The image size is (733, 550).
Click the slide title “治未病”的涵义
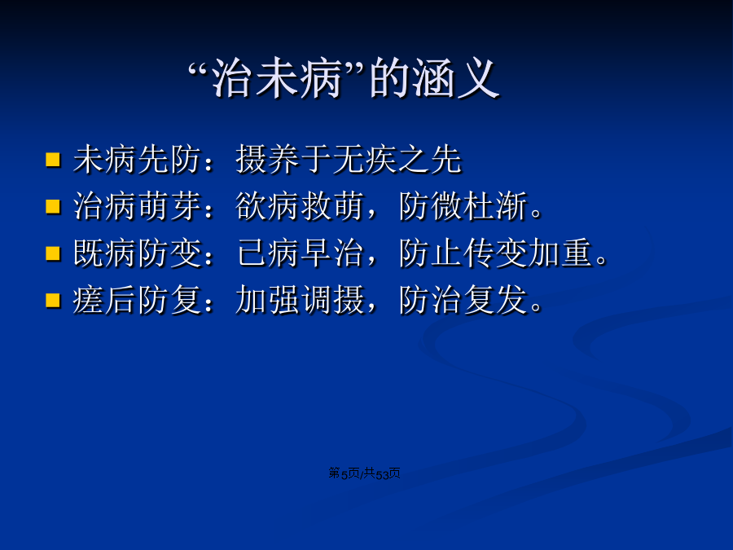click(344, 78)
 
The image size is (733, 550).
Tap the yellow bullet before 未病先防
click(53, 160)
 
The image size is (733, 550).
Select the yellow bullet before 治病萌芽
click(53, 206)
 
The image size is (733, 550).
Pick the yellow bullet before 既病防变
click(53, 253)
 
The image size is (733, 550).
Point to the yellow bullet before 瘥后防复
click(53, 300)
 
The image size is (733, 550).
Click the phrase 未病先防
click(138, 160)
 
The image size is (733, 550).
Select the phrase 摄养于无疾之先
click(349, 160)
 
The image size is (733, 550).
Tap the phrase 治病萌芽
click(138, 206)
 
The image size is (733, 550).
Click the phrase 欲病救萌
click(300, 206)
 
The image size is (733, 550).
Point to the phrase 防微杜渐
click(463, 206)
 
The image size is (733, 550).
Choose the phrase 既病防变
click(138, 253)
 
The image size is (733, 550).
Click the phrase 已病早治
click(300, 253)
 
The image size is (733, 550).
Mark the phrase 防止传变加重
click(496, 253)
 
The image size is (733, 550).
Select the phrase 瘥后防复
click(138, 300)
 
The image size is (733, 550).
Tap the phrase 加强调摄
click(300, 300)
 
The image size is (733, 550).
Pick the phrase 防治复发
click(463, 300)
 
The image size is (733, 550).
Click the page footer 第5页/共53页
click(364, 473)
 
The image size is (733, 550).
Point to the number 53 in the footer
click(383, 474)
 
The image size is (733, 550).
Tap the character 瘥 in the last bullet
click(89, 300)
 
